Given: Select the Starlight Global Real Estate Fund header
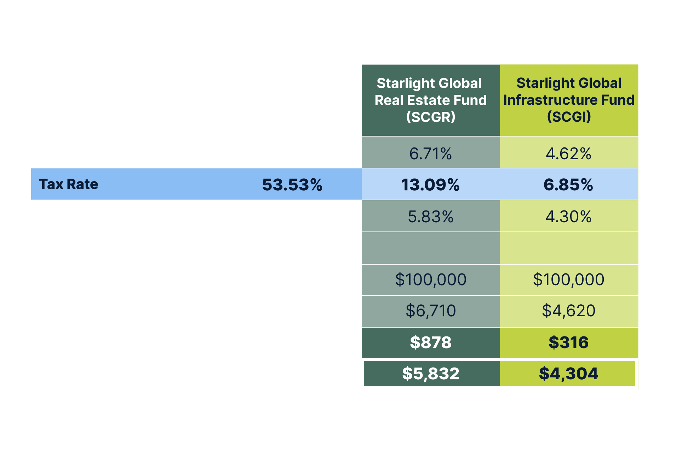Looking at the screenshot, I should [430, 100].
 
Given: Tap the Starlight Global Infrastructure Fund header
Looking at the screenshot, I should [569, 100].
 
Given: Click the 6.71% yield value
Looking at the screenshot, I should [430, 154].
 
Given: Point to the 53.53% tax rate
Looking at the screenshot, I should [292, 185].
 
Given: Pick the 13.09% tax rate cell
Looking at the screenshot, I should [430, 185].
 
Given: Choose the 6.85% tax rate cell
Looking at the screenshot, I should [568, 185].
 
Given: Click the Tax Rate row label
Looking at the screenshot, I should [68, 184].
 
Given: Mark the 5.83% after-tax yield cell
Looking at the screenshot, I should [430, 217].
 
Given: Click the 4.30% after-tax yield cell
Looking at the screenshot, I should [568, 217].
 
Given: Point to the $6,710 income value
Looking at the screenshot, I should [430, 311].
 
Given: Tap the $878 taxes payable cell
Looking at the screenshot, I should [430, 342].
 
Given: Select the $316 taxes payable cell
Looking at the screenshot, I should [568, 342].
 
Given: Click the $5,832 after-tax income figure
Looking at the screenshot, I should [430, 374].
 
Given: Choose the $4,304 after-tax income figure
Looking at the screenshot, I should [568, 374].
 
